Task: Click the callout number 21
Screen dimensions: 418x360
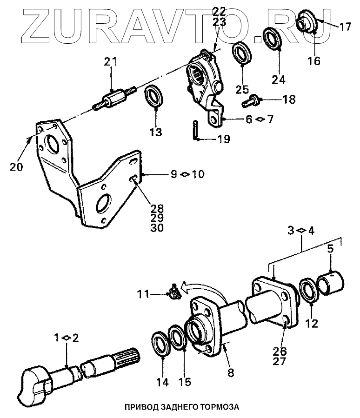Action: click(111, 62)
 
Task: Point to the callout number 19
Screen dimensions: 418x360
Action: click(224, 139)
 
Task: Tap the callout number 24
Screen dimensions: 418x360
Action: click(278, 80)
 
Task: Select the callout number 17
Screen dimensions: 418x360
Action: click(345, 27)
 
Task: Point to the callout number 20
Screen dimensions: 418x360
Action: click(16, 167)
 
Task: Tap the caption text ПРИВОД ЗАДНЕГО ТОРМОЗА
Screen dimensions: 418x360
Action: click(181, 407)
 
